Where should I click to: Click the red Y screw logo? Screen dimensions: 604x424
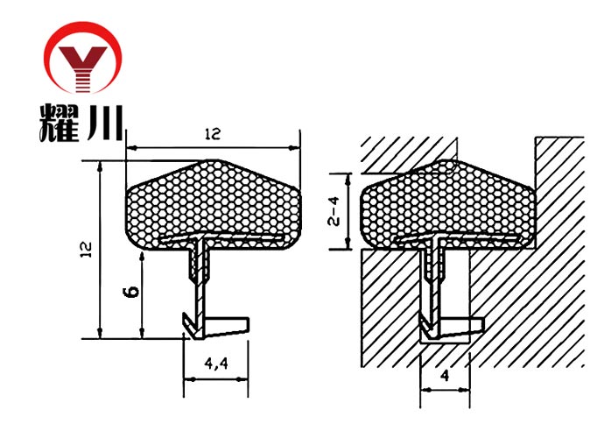pyautogui.click(x=82, y=58)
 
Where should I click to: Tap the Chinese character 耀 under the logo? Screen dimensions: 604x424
pyautogui.click(x=60, y=123)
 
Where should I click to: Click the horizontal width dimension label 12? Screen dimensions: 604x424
pyautogui.click(x=213, y=134)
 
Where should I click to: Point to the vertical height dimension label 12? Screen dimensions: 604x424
pyautogui.click(x=87, y=250)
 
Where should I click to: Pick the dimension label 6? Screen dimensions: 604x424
pyautogui.click(x=131, y=292)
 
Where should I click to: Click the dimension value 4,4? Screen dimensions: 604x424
pyautogui.click(x=216, y=363)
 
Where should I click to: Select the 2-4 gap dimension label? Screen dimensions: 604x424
pyautogui.click(x=334, y=211)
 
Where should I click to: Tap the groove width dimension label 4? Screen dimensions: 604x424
pyautogui.click(x=446, y=375)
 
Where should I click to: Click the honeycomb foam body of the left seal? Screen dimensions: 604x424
pyautogui.click(x=213, y=204)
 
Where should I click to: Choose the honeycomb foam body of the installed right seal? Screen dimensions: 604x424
pyautogui.click(x=447, y=204)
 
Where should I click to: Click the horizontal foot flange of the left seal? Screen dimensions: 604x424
pyautogui.click(x=225, y=326)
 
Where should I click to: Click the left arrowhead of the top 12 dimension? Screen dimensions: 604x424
pyautogui.click(x=131, y=147)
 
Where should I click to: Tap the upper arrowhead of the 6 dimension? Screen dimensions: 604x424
pyautogui.click(x=142, y=257)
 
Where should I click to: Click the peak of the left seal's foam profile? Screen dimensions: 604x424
pyautogui.click(x=213, y=160)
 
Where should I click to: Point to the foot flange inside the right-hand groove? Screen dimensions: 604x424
pyautogui.click(x=460, y=326)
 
